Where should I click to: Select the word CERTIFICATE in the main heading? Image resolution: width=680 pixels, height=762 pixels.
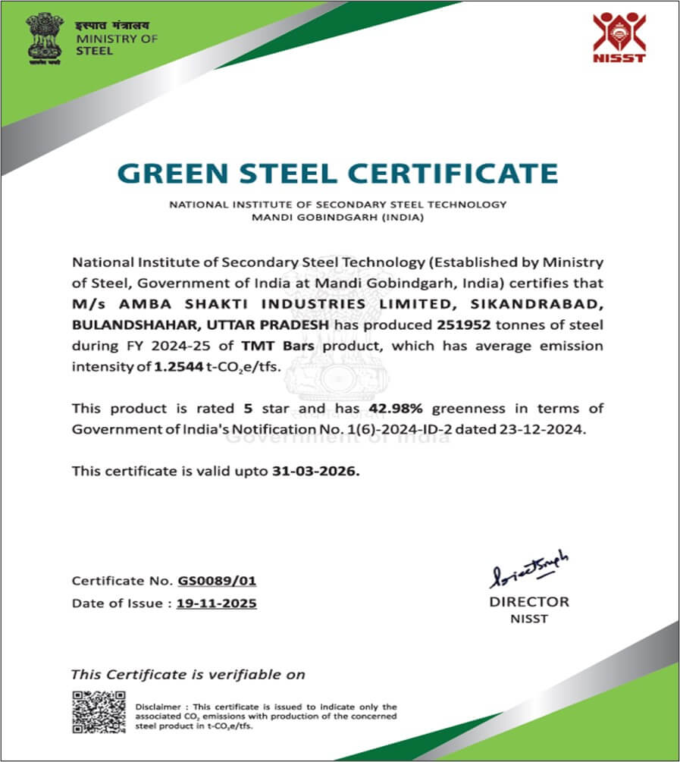467,173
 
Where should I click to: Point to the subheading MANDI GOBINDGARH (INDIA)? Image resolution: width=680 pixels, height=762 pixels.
337,217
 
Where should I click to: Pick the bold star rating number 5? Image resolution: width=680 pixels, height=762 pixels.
248,409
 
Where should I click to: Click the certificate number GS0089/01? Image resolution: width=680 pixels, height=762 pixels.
218,582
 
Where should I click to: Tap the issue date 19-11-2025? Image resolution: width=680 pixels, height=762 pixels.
216,604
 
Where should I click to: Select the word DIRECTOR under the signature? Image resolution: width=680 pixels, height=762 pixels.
528,602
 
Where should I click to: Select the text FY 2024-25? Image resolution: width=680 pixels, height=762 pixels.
149,346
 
